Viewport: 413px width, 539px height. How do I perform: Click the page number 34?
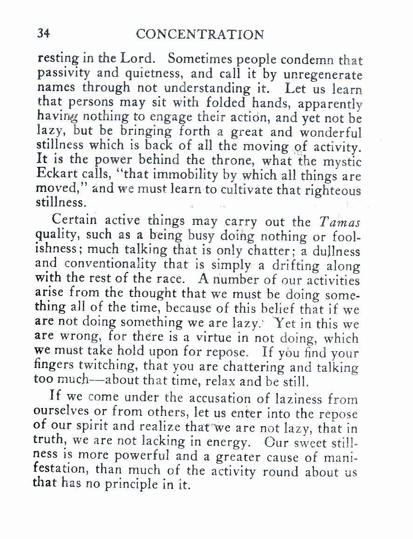tap(43, 34)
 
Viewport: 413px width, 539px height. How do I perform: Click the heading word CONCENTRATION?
tap(200, 34)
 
